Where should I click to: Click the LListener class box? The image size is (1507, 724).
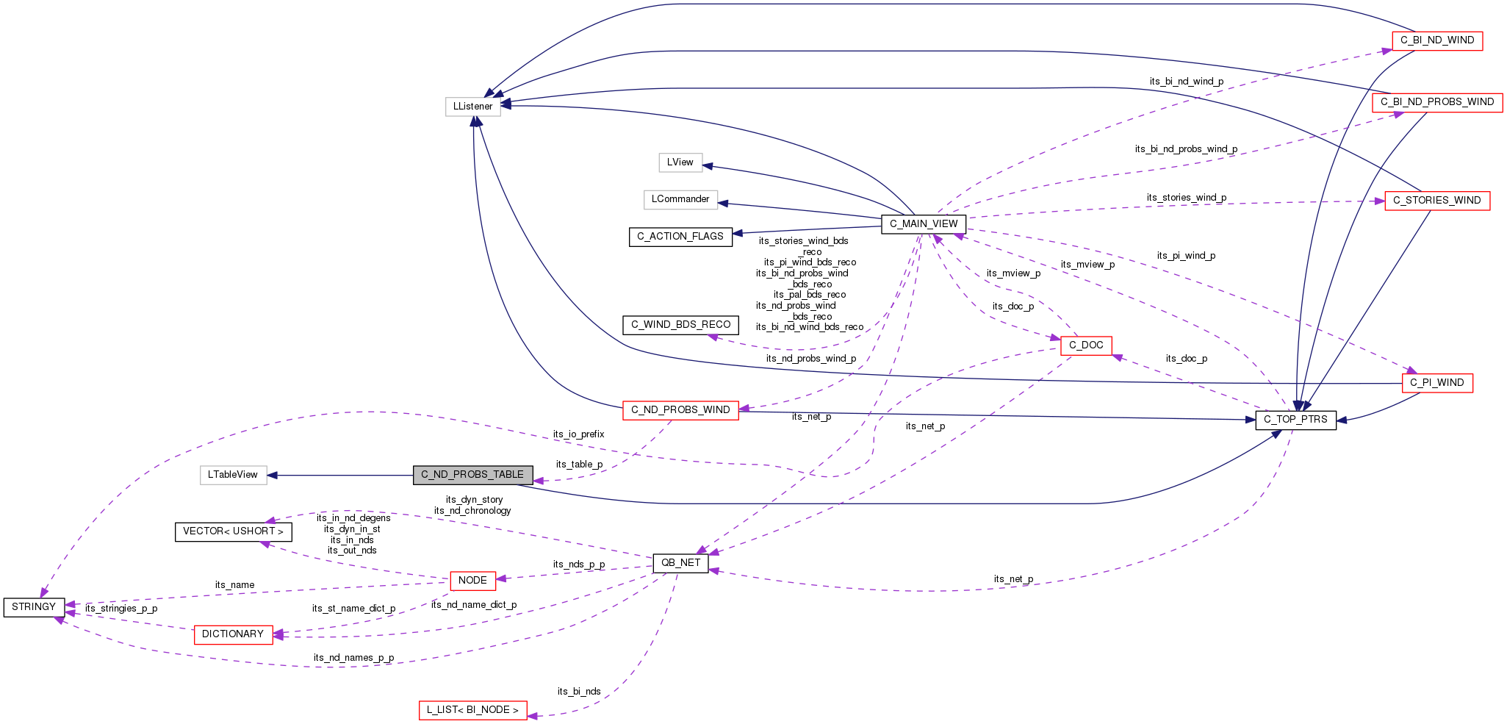(472, 107)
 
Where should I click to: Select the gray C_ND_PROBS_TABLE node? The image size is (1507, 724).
(472, 475)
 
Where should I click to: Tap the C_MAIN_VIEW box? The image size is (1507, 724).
(923, 224)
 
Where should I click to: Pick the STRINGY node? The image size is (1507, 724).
(34, 607)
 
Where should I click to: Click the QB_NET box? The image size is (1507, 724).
(680, 563)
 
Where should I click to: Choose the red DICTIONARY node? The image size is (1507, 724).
(233, 634)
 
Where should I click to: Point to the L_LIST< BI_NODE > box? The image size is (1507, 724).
(472, 710)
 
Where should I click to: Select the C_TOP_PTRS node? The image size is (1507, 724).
(1295, 420)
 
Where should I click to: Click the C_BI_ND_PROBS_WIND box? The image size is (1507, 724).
(1436, 102)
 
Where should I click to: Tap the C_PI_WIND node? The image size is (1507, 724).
(1436, 383)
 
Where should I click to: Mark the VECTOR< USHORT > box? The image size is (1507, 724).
(233, 531)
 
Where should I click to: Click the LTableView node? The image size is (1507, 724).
(233, 475)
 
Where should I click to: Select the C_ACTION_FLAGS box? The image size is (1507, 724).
(680, 237)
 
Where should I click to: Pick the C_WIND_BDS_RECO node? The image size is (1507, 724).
(680, 325)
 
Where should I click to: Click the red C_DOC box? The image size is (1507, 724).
(1085, 345)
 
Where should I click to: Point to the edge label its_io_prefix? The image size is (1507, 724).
(578, 434)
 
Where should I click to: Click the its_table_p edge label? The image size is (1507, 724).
(579, 465)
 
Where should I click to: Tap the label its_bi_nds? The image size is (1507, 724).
(579, 692)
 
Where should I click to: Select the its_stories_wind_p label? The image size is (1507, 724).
(1186, 198)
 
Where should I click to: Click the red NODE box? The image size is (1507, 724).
(472, 581)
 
